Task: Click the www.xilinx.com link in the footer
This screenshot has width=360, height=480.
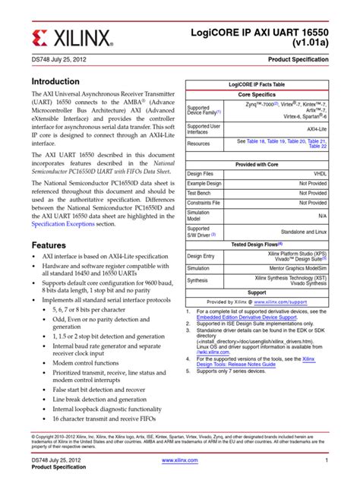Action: pos(180,460)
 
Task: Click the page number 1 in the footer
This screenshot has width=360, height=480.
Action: pos(325,460)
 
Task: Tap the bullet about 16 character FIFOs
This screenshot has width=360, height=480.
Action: pos(100,418)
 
